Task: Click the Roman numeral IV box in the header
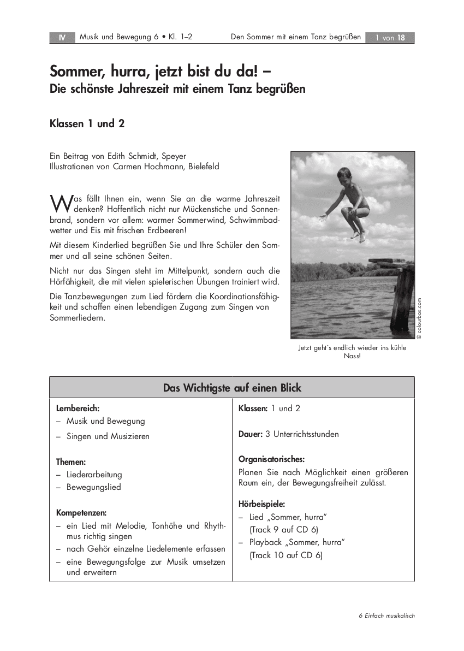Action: (x=62, y=38)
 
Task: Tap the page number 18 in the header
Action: (x=401, y=38)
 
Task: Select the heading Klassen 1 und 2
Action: (x=87, y=123)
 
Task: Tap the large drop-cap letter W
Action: (x=58, y=203)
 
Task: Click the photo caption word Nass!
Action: (x=352, y=356)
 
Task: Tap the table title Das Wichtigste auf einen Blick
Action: (x=232, y=388)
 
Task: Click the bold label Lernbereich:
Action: (x=78, y=408)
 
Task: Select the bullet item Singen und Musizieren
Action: (x=108, y=436)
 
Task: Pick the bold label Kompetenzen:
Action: (x=81, y=512)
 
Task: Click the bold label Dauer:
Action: (x=251, y=434)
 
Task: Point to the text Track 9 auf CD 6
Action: (x=284, y=529)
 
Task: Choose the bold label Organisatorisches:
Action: (x=271, y=459)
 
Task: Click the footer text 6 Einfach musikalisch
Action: (x=386, y=616)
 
